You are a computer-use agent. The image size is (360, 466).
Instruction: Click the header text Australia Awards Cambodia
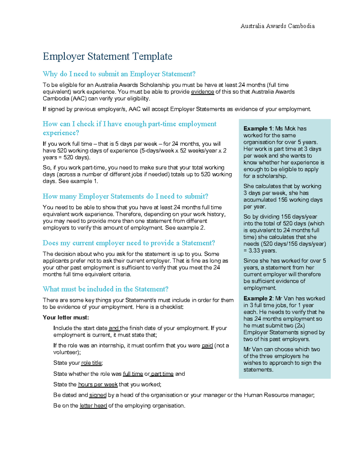(277, 26)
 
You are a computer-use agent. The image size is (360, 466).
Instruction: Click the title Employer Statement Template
(107, 56)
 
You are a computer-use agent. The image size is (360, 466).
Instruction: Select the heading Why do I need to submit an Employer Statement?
(119, 74)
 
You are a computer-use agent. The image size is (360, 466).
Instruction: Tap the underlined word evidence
(202, 92)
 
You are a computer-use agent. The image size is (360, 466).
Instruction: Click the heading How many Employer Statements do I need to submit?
(125, 196)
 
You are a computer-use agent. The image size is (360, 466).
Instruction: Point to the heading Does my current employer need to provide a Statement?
(129, 243)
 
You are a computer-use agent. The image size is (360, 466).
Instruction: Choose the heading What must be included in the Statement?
(106, 289)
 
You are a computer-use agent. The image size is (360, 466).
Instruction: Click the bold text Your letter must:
(66, 317)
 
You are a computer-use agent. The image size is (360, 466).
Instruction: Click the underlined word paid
(207, 346)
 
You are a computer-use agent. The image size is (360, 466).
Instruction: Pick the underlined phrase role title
(92, 363)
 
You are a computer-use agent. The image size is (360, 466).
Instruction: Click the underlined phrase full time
(133, 374)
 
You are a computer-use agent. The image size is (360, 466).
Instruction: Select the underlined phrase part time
(162, 374)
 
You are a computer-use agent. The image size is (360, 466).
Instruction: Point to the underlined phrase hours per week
(98, 384)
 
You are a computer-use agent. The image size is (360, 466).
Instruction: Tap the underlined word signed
(98, 395)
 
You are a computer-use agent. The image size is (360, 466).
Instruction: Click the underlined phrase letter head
(93, 406)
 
